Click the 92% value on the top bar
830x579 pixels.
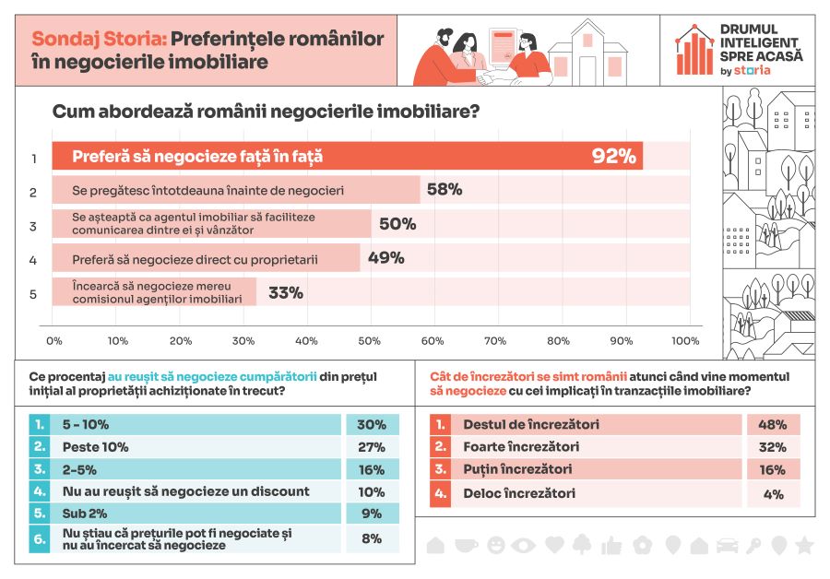coord(613,156)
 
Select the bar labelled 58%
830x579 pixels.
coord(236,190)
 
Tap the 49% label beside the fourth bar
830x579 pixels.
coord(385,258)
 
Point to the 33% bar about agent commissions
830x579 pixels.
coord(154,292)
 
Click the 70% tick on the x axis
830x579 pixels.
coord(495,341)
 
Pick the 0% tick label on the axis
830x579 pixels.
coord(54,341)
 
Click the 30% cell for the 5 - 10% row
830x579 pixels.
coord(372,424)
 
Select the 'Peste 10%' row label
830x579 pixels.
coord(95,447)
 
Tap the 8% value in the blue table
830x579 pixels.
coord(372,538)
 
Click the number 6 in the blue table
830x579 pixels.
coord(39,538)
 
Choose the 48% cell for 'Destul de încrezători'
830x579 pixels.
coord(772,424)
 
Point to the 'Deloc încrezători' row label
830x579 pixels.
coord(519,493)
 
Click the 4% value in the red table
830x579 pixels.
coord(774,494)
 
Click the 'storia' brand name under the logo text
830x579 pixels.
coord(752,70)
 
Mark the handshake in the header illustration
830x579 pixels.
coord(489,78)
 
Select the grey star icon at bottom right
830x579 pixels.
coord(804,545)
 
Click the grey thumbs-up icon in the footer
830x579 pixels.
coord(611,545)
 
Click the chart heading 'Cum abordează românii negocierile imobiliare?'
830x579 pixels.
coord(266,112)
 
